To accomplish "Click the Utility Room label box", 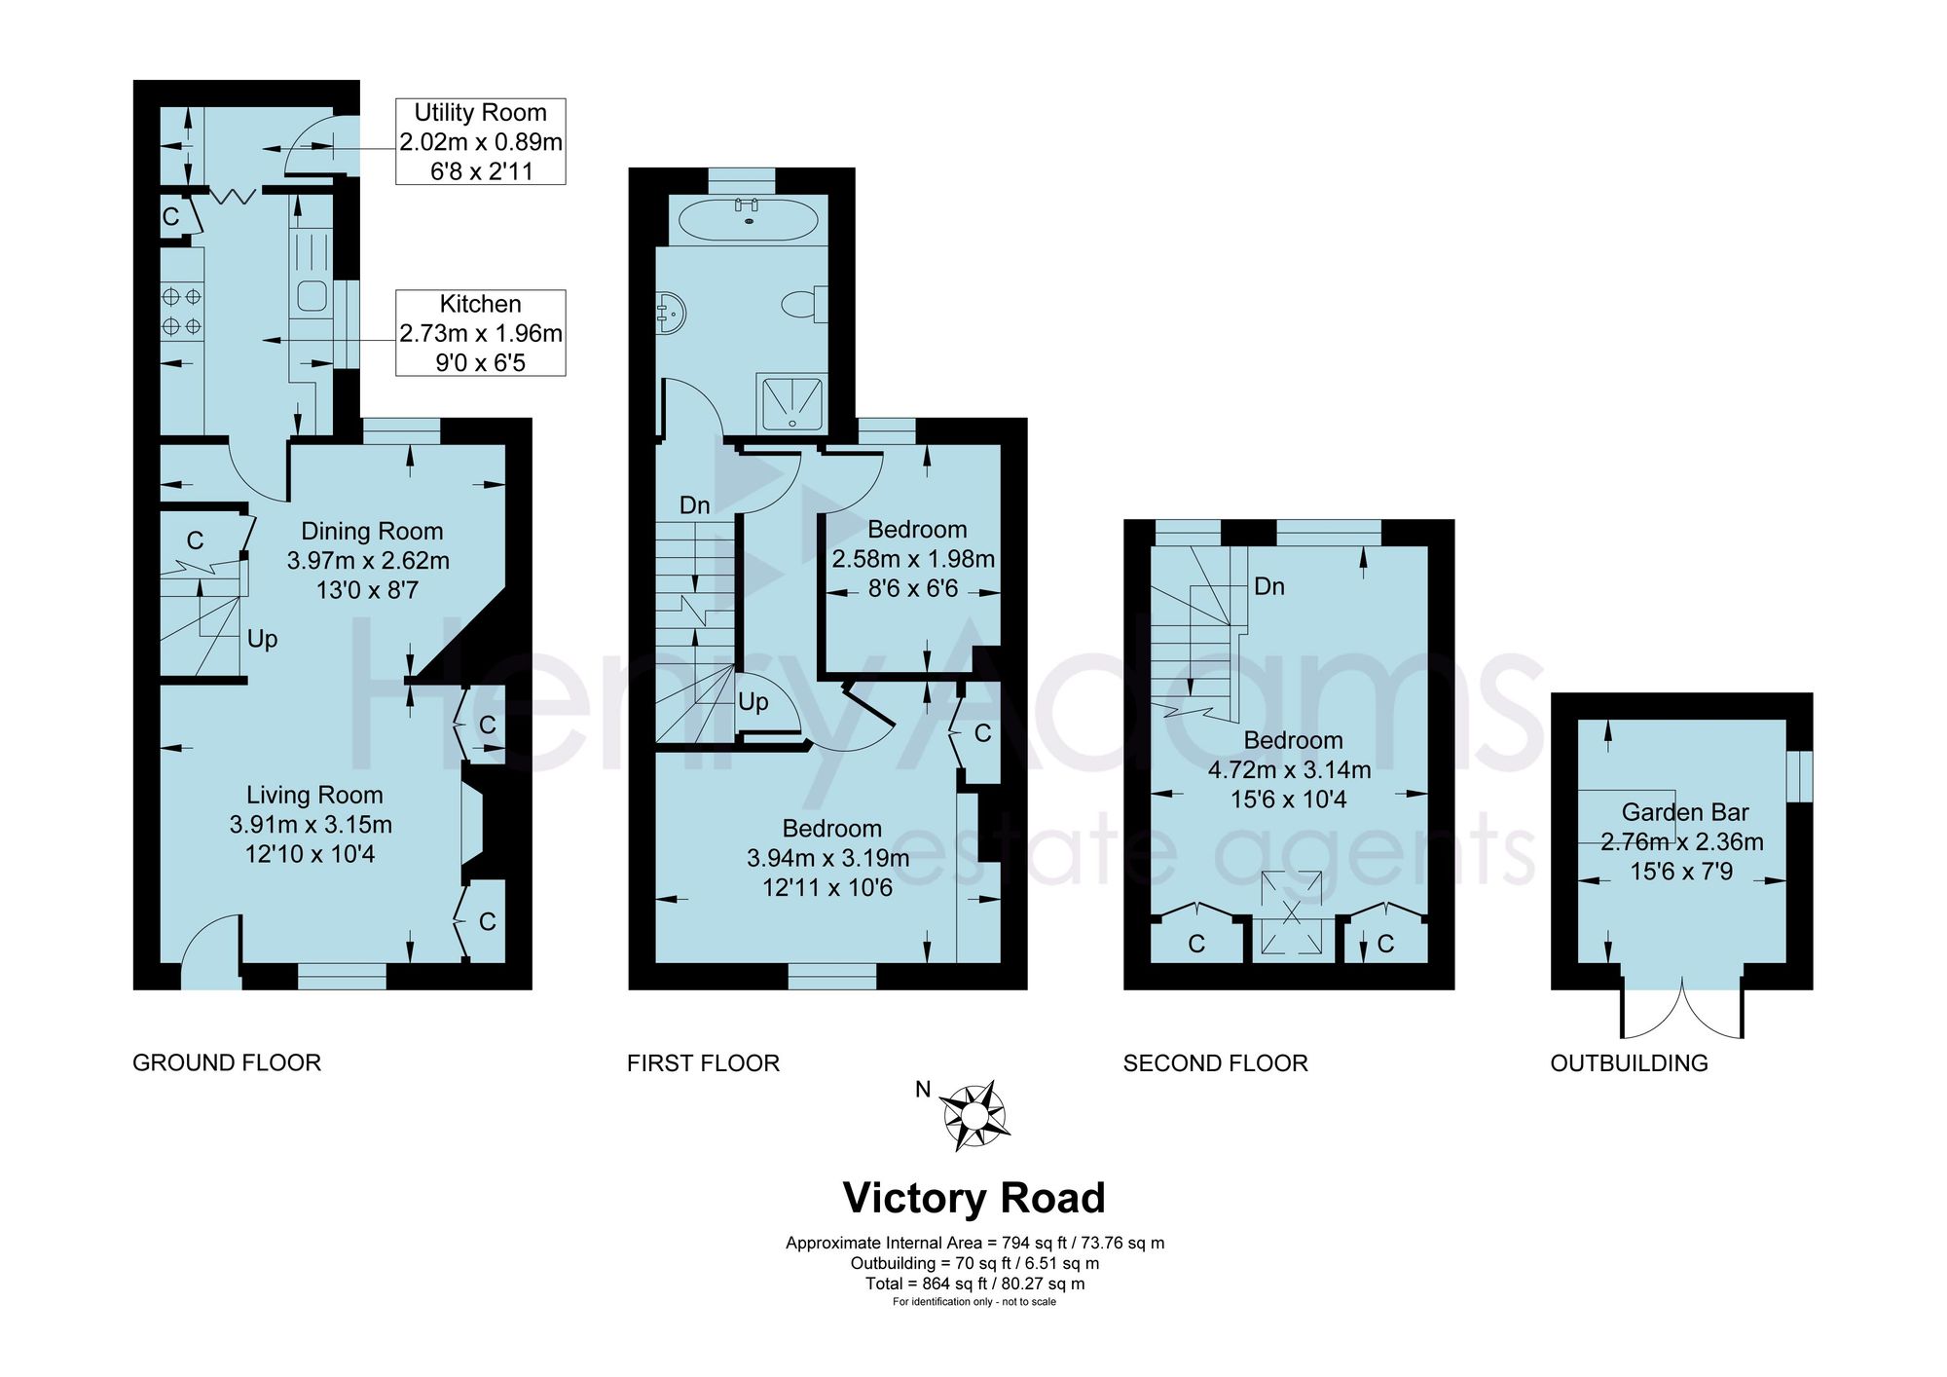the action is coord(480,141).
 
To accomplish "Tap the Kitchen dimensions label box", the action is coord(480,333).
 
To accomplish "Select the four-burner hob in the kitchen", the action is coord(182,310).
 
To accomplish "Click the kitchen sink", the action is coord(312,296).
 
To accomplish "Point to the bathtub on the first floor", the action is coord(748,220).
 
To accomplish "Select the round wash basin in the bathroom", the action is coord(671,311).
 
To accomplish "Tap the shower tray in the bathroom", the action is coord(794,403).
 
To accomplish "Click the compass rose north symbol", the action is coord(974,1116).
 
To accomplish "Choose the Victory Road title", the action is coord(973,1198).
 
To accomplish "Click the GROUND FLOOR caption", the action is coord(227,1062).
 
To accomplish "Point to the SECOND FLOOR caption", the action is coord(1215,1062).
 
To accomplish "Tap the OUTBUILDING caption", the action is coord(1629,1062).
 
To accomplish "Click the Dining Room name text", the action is coord(372,531).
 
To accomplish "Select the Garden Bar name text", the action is coord(1685,812).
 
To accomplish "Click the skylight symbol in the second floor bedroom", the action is coord(1292,912).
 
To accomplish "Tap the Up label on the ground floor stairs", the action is coord(262,639).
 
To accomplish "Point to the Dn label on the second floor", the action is coord(1269,586).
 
